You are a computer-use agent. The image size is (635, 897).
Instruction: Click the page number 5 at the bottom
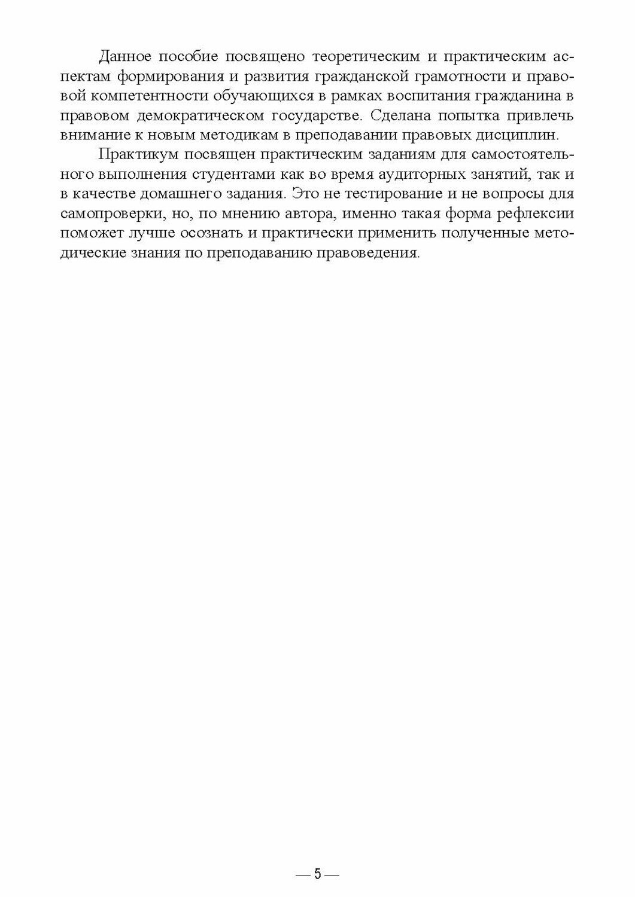pyautogui.click(x=318, y=875)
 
